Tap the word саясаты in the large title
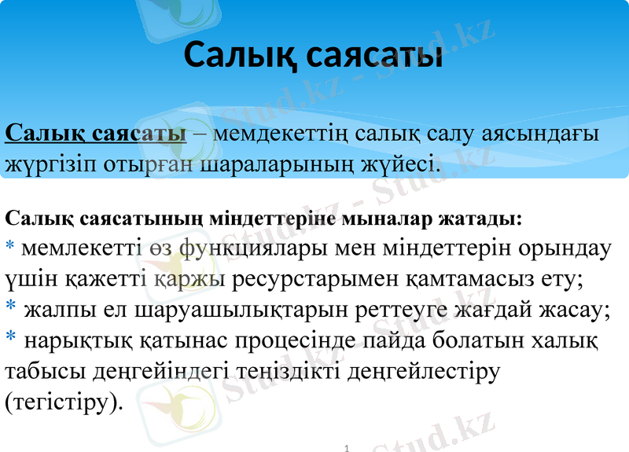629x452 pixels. [373, 55]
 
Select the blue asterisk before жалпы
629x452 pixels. [11, 307]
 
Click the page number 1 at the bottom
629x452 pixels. [346, 446]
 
